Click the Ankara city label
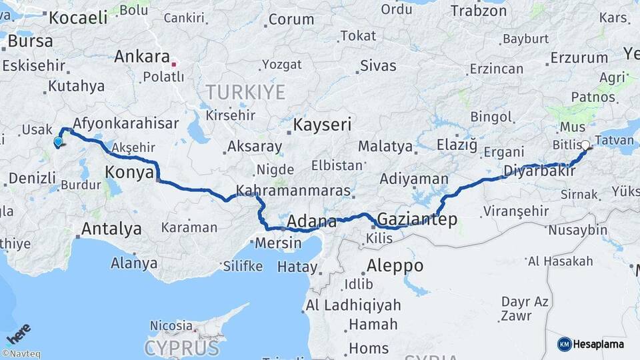point(141,56)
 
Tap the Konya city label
point(129,173)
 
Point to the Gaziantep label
point(417,219)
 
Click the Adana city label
point(311,221)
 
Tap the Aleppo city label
point(395,265)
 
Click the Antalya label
point(111,229)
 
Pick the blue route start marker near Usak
point(58,141)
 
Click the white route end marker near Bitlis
point(585,145)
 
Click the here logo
point(19,333)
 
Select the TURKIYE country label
point(245,91)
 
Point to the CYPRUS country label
point(181,347)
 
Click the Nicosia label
point(171,326)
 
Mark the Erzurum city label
point(580,58)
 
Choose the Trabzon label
point(479,11)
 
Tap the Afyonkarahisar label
point(125,123)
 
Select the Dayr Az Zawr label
point(525,309)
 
